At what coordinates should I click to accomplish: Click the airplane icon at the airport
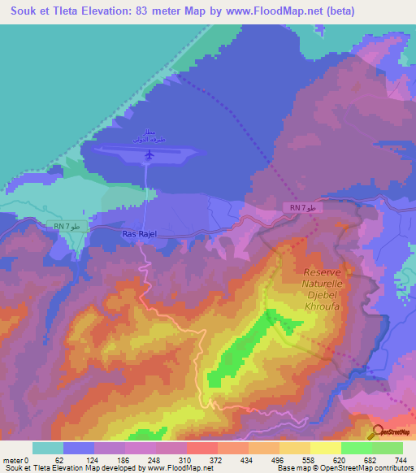pos(148,155)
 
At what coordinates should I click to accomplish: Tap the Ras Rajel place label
pos(138,235)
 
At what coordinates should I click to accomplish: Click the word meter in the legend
pos(14,460)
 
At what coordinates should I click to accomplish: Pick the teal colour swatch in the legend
pos(48,448)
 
